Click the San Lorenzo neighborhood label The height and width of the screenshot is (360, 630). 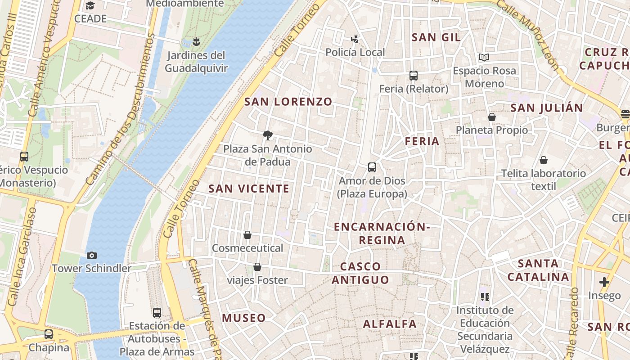(x=288, y=102)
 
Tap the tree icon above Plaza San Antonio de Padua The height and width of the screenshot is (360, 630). (x=268, y=135)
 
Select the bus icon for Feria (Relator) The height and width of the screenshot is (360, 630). (x=414, y=76)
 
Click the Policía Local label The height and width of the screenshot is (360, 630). (x=355, y=52)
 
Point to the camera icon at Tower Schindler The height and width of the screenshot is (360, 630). (x=91, y=256)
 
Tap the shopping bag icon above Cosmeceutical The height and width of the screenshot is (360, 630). (x=247, y=235)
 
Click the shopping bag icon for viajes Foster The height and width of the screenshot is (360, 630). (x=257, y=267)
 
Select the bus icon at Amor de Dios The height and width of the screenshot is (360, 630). (x=372, y=167)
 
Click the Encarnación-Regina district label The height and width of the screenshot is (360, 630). (x=382, y=233)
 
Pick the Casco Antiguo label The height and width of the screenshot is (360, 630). (x=360, y=273)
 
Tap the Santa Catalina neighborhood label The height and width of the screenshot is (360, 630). (x=538, y=270)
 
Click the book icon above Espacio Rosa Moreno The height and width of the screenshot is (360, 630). (x=484, y=58)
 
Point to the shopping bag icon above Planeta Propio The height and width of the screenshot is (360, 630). (x=492, y=117)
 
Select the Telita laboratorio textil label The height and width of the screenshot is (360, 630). (x=544, y=179)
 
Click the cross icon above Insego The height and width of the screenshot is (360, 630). (x=604, y=282)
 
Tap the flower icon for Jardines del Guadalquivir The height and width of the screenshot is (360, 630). (x=196, y=42)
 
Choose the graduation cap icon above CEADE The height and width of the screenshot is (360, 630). (x=90, y=6)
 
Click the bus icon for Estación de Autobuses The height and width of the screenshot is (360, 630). (x=157, y=312)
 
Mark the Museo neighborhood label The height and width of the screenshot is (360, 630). (x=244, y=318)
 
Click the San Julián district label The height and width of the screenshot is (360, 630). (x=547, y=108)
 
